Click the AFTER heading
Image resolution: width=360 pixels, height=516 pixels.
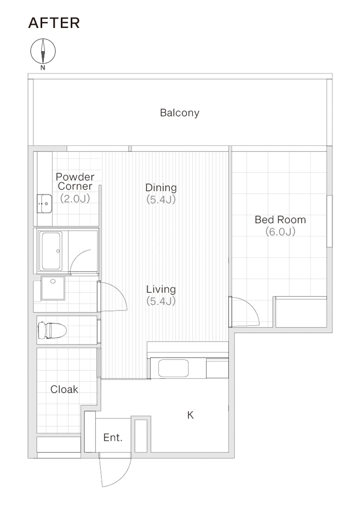pos(54,23)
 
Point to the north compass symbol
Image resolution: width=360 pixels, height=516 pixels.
pos(43,52)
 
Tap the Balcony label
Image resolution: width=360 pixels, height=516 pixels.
pos(180,113)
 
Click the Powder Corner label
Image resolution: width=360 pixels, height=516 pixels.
pos(75,182)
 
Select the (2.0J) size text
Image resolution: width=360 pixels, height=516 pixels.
pos(75,199)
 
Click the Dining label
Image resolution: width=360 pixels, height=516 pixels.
pos(161,188)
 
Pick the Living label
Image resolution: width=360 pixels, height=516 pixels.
pos(161,290)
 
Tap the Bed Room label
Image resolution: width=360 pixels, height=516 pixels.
pos(280,219)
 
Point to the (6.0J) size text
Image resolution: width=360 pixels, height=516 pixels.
pos(280,231)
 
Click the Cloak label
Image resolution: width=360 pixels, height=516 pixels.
pos(64,389)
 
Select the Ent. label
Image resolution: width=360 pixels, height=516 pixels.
pos(113,438)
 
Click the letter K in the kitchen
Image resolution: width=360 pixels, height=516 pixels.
pos(190,415)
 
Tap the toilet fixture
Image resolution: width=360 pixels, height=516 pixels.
pos(52,330)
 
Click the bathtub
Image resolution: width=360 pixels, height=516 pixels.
pos(51,251)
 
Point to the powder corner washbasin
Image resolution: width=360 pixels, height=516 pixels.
pos(44,203)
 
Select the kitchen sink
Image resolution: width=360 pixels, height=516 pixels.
pos(174,368)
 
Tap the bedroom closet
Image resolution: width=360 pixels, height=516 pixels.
pos(301,312)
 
